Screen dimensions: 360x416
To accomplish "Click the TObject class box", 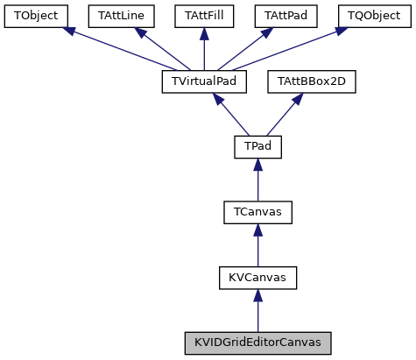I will pyautogui.click(x=35, y=16).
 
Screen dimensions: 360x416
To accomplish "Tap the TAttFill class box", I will pyautogui.click(x=203, y=16).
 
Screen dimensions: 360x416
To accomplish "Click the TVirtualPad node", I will pyautogui.click(x=204, y=81).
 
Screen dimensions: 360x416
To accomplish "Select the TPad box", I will pyautogui.click(x=257, y=147).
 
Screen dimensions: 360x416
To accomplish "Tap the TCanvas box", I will pyautogui.click(x=257, y=212).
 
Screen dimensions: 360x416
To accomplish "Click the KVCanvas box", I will pyautogui.click(x=257, y=278).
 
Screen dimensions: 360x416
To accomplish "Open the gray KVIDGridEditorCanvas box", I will pyautogui.click(x=257, y=342).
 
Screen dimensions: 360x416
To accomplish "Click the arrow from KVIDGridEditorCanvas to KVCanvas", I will pyautogui.click(x=257, y=310).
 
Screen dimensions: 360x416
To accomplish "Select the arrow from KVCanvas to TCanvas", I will pyautogui.click(x=257, y=245).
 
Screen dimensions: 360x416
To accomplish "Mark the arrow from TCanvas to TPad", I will pyautogui.click(x=257, y=180).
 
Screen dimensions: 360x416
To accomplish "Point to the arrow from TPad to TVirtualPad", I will pyautogui.click(x=229, y=114).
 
